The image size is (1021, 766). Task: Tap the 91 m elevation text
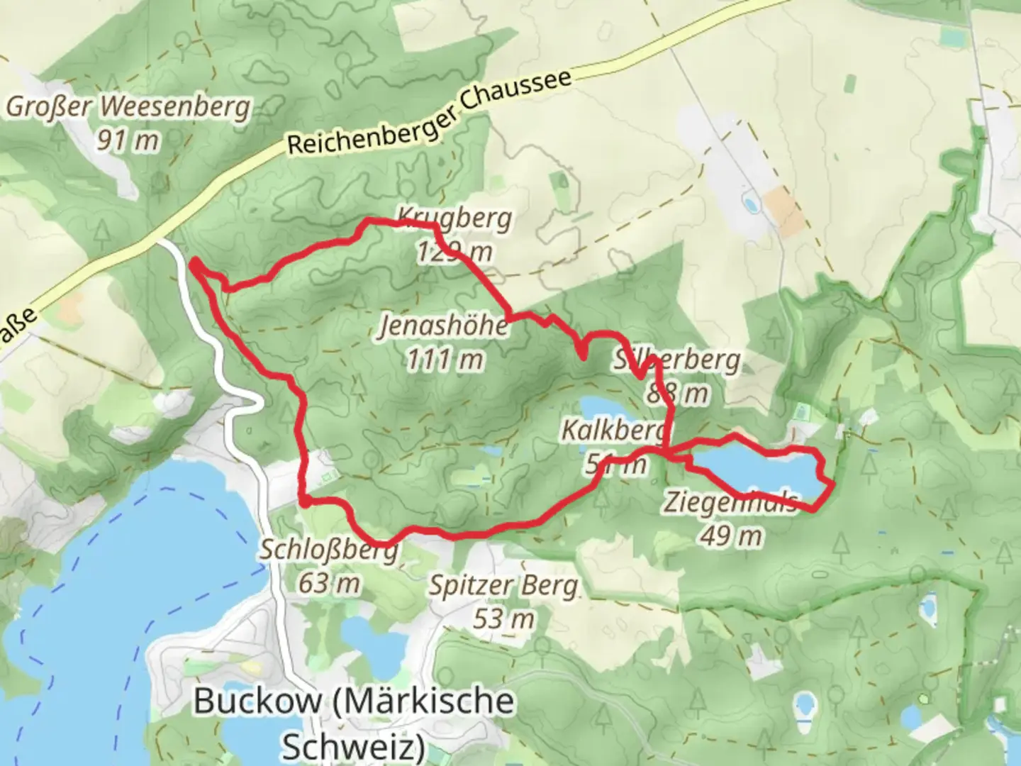tap(128, 140)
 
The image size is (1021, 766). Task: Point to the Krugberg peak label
tap(454, 217)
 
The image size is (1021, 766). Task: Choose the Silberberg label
tap(677, 360)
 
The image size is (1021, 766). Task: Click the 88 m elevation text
tap(677, 392)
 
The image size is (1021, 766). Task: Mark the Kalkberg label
tap(614, 429)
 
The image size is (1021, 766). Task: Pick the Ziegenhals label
tap(730, 501)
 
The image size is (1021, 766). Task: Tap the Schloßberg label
tap(328, 550)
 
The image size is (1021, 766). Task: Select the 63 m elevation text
tap(328, 583)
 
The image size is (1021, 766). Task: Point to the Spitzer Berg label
tap(503, 586)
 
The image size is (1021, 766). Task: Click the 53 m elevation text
tap(503, 618)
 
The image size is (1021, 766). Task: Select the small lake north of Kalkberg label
tap(601, 409)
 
